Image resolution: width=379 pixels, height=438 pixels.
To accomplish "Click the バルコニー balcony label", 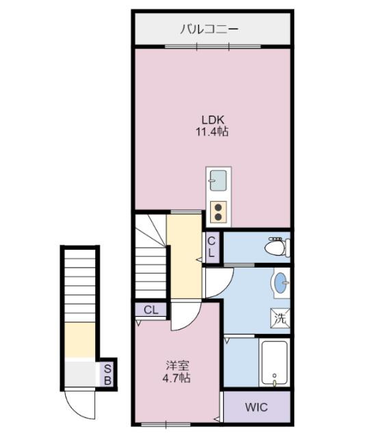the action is coord(209,29).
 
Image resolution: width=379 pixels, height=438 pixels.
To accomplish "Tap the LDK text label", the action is coord(213,120).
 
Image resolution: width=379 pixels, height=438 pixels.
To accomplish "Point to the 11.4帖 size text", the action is coord(211,131).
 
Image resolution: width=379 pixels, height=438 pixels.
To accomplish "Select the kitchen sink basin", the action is coord(218,181).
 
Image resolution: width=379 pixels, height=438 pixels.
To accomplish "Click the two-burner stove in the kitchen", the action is coord(218,212).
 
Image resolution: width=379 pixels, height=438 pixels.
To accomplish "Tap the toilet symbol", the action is coord(277,246).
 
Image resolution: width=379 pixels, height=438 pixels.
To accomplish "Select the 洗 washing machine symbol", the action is coord(280,318).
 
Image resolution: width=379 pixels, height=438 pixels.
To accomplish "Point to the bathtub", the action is coord(274,363).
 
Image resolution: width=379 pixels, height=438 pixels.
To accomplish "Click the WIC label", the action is coord(257,407).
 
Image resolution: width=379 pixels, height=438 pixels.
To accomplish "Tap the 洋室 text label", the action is coord(178,365).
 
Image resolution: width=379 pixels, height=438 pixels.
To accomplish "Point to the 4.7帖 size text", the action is coord(177,378).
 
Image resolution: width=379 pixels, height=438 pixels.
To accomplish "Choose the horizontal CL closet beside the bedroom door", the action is coord(151,310).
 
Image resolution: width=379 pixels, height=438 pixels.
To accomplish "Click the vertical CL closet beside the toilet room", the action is coord(211,247).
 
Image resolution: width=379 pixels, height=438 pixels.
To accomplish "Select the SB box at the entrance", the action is coord(107,374).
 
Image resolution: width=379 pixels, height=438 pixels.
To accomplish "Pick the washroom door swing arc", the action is coord(227,287).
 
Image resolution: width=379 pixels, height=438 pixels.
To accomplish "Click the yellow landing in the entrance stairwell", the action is coord(80,339).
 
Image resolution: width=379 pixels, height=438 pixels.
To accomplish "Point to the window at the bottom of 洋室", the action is coord(166,424).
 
